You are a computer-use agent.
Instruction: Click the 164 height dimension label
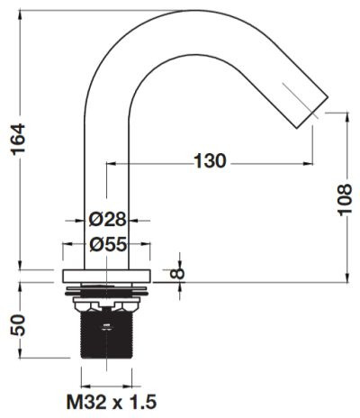pyautogui.click(x=18, y=140)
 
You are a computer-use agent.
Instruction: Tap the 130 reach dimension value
pyautogui.click(x=210, y=160)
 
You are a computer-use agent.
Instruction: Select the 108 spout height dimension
pyautogui.click(x=345, y=199)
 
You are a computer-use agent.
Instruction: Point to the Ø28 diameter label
pyautogui.click(x=107, y=220)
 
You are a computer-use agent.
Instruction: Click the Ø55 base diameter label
pyautogui.click(x=108, y=244)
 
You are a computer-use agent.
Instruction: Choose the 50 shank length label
pyautogui.click(x=18, y=325)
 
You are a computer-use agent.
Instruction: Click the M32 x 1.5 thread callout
pyautogui.click(x=112, y=402)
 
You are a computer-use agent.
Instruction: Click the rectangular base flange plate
pyautogui.click(x=106, y=276)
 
